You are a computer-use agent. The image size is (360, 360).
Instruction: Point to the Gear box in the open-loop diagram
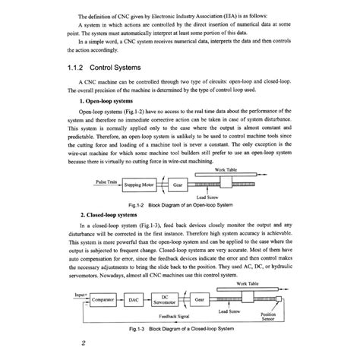pyautogui.click(x=177, y=184)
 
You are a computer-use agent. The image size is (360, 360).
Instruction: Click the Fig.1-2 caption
pyautogui.click(x=181, y=205)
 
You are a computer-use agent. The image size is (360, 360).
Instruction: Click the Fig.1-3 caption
pyautogui.click(x=181, y=327)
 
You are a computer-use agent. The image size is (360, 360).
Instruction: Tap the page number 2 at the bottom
pyautogui.click(x=83, y=343)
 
